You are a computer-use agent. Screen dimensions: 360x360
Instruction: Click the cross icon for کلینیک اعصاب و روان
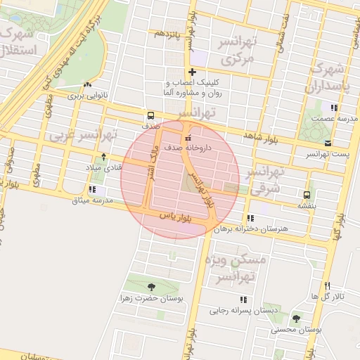coord(191,72)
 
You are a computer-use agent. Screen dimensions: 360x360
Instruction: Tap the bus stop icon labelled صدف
coord(150,116)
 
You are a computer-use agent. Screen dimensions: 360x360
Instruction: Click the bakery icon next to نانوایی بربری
coord(87,84)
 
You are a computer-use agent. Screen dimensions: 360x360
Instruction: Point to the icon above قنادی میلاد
coord(104,157)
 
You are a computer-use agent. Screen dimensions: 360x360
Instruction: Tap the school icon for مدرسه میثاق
coord(92,189)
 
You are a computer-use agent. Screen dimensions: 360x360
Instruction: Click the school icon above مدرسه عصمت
coord(333,108)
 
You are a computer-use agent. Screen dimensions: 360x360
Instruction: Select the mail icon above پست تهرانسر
coord(328,143)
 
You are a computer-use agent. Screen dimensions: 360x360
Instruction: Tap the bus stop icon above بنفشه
coord(306,195)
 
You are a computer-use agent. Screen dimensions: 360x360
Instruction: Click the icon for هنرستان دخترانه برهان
coord(251,218)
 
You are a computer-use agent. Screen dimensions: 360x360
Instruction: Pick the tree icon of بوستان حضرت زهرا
coord(152,287)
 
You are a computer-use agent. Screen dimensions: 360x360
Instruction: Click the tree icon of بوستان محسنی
coord(295,319)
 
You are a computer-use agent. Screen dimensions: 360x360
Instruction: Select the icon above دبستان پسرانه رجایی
coord(243,299)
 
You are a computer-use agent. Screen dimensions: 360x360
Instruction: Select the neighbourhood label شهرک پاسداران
coord(328,79)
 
